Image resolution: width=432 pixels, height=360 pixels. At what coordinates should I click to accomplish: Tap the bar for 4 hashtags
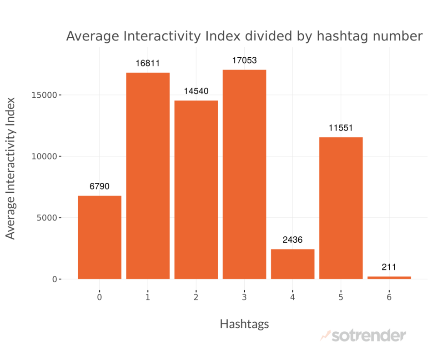tap(292, 264)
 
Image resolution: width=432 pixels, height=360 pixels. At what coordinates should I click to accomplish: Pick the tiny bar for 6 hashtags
tap(389, 277)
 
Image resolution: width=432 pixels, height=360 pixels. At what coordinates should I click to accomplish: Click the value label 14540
tap(196, 91)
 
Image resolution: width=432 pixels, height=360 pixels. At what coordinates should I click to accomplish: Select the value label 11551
tap(341, 128)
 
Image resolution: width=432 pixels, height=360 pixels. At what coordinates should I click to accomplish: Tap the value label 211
tap(389, 267)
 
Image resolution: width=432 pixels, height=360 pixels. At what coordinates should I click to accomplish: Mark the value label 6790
tap(100, 186)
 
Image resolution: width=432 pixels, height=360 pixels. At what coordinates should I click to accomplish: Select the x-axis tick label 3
tap(244, 297)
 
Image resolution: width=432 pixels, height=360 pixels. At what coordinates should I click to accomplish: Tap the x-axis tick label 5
tap(341, 297)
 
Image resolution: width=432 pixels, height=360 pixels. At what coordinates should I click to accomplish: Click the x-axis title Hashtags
tap(244, 324)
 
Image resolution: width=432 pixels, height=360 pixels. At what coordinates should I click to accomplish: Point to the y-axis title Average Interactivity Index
tap(11, 168)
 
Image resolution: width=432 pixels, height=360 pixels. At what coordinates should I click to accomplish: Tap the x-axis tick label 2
tap(196, 297)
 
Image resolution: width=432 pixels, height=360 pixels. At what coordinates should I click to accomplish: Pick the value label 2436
tap(292, 240)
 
